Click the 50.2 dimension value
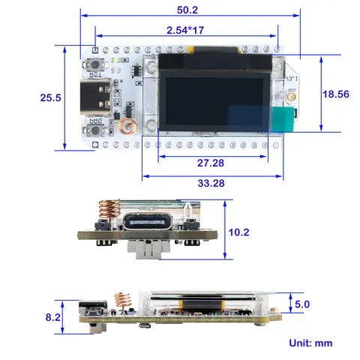[x=187, y=10]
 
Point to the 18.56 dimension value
[x=337, y=94]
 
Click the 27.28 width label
[x=203, y=163]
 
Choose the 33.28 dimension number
[x=210, y=184]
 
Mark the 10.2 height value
[x=238, y=232]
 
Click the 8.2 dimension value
[x=53, y=317]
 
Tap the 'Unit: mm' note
[x=310, y=343]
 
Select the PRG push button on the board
[x=96, y=130]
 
